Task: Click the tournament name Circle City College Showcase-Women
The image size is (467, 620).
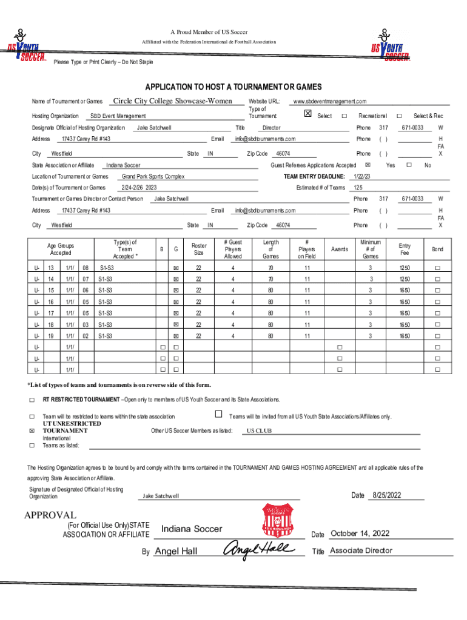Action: click(173, 101)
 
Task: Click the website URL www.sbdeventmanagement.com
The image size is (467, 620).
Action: click(329, 102)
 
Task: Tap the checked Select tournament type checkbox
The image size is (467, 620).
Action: click(307, 114)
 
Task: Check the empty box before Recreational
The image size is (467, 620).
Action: click(344, 116)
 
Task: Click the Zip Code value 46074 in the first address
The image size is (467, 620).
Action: click(283, 154)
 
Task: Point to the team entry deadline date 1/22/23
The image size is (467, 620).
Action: click(362, 176)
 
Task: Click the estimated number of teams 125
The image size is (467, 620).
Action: click(358, 188)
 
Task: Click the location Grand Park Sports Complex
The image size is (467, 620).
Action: click(153, 176)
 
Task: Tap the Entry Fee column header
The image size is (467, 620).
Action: click(404, 249)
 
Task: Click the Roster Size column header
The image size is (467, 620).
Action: click(198, 249)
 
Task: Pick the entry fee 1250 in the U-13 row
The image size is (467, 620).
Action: click(404, 268)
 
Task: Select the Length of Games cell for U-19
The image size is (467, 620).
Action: click(270, 335)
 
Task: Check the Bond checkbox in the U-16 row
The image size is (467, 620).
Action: click(437, 302)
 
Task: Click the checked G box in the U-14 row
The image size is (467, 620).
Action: click(176, 279)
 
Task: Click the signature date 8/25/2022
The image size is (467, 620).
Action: click(387, 496)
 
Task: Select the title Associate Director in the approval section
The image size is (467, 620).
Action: click(361, 550)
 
